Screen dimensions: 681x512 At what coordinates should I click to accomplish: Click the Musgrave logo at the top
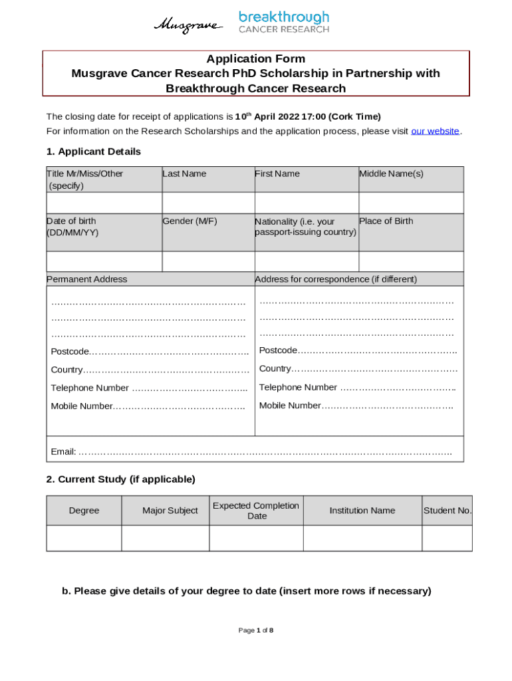pos(189,25)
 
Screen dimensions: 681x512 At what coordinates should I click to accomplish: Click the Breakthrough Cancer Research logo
pos(284,22)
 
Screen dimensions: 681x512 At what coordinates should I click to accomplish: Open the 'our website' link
pos(435,131)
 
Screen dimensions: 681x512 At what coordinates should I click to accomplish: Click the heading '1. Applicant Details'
pos(93,152)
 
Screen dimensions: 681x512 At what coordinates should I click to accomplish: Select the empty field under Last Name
pos(208,202)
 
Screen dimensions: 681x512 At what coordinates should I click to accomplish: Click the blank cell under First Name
pos(306,202)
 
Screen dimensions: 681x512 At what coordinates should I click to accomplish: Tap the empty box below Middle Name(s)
pos(411,202)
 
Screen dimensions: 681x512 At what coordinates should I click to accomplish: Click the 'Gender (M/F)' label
pos(190,221)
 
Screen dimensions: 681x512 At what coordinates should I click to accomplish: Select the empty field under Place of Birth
pos(411,261)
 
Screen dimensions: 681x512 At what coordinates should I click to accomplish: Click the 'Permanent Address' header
pos(87,279)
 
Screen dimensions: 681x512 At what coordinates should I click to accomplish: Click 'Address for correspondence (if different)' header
pos(336,279)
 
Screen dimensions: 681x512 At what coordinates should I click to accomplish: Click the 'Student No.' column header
pos(448,511)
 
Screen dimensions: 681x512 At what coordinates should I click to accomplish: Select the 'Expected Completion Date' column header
pos(256,511)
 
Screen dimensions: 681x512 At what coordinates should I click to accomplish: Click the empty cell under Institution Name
pos(362,538)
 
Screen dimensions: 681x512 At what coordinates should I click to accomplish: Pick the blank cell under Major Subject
pos(166,538)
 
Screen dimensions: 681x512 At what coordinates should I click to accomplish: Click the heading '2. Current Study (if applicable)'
pos(120,479)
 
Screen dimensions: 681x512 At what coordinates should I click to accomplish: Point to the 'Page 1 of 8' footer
pos(256,630)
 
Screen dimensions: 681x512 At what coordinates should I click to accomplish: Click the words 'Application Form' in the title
pos(256,59)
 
